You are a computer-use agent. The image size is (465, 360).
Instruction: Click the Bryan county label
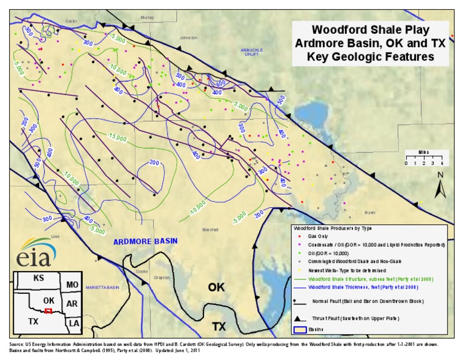tap(370, 213)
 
